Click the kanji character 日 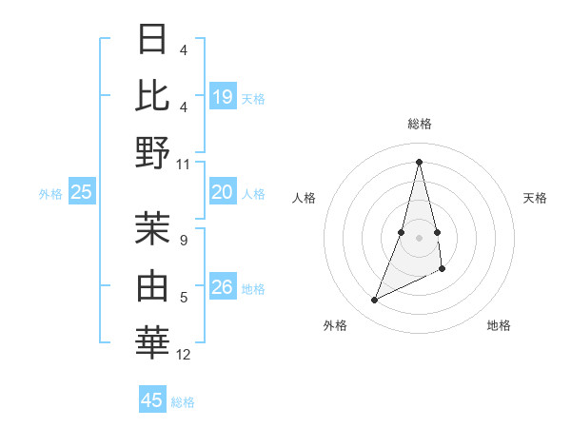pos(153,40)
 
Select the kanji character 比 pos(153,95)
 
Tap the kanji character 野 pos(153,151)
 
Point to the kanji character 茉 pos(153,228)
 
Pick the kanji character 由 pos(153,285)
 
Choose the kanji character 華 pos(153,341)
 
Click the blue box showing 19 pos(223,96)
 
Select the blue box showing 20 pos(223,192)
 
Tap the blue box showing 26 pos(223,287)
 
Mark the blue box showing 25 pos(82,192)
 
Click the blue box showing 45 pos(152,400)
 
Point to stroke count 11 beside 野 pos(184,164)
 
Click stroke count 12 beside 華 pos(184,355)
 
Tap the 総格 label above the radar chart pos(420,124)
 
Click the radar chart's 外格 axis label pos(335,325)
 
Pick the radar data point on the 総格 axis pos(420,162)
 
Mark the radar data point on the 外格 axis pos(374,301)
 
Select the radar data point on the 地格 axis pos(443,270)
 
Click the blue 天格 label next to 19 pos(253,98)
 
